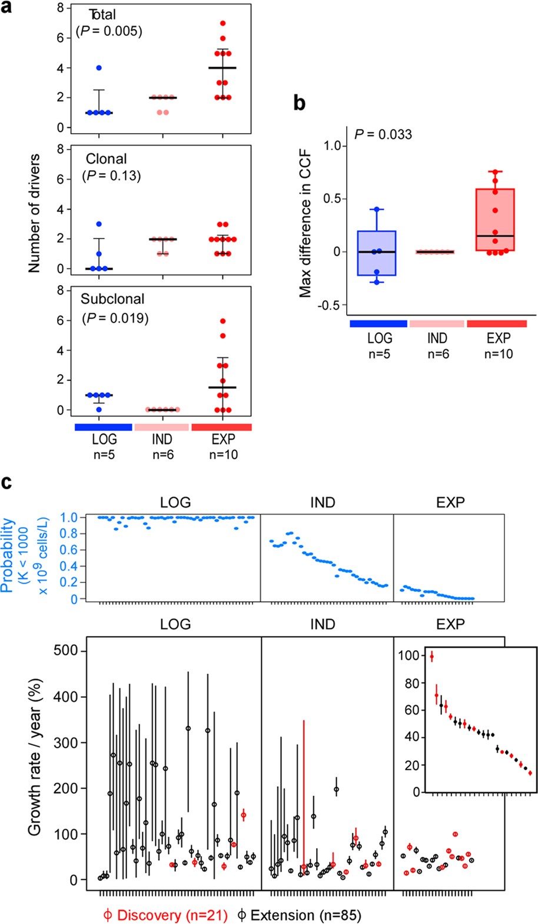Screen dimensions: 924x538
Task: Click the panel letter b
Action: (299, 104)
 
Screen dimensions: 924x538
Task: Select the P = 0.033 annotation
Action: (383, 134)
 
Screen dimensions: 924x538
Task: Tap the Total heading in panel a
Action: (102, 15)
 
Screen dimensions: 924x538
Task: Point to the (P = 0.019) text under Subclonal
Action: (115, 318)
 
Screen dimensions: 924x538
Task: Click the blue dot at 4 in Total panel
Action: (99, 68)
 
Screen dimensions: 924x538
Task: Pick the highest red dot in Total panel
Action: (222, 24)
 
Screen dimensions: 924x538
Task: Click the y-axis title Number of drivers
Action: (34, 213)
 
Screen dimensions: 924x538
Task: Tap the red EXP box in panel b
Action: (495, 219)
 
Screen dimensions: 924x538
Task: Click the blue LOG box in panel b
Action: (377, 253)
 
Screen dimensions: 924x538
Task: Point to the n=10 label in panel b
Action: (498, 354)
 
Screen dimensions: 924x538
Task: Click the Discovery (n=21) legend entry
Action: (165, 915)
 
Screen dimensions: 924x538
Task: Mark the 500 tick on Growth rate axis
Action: (65, 650)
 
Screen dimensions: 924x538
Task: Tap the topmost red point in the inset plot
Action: (431, 657)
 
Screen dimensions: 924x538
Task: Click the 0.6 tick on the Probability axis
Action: (69, 550)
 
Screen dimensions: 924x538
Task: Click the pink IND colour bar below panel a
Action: (162, 427)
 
